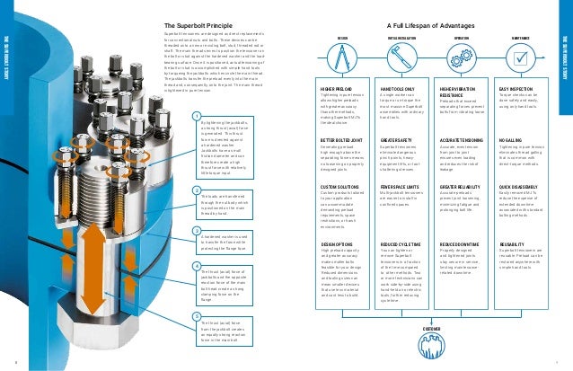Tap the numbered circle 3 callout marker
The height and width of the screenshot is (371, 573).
(197, 231)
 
